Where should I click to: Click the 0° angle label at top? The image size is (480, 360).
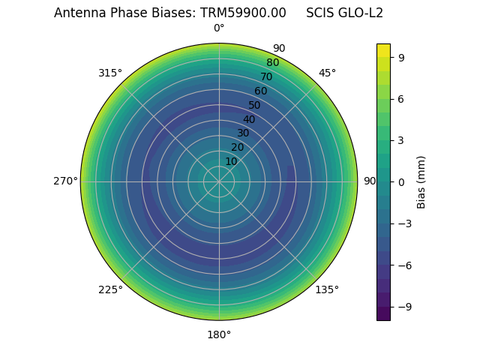[219, 28]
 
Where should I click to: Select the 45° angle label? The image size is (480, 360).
[327, 73]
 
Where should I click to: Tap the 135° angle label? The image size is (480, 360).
[327, 289]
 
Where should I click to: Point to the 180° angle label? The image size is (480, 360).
[219, 334]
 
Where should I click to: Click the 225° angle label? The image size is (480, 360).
[110, 289]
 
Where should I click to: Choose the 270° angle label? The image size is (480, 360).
[65, 181]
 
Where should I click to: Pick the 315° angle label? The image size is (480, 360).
[110, 73]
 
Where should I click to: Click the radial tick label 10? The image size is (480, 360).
[231, 161]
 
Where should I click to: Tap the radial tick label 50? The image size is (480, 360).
[255, 105]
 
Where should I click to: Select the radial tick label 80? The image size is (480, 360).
[272, 63]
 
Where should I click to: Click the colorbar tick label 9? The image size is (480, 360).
[401, 57]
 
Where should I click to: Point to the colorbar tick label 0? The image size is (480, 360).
[401, 181]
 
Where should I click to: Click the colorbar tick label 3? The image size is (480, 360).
[401, 140]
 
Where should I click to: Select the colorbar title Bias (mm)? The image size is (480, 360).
[421, 181]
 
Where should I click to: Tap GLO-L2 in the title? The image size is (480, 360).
[359, 13]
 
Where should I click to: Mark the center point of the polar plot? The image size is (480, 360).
[219, 181]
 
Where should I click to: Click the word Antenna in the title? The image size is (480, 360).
[78, 13]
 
